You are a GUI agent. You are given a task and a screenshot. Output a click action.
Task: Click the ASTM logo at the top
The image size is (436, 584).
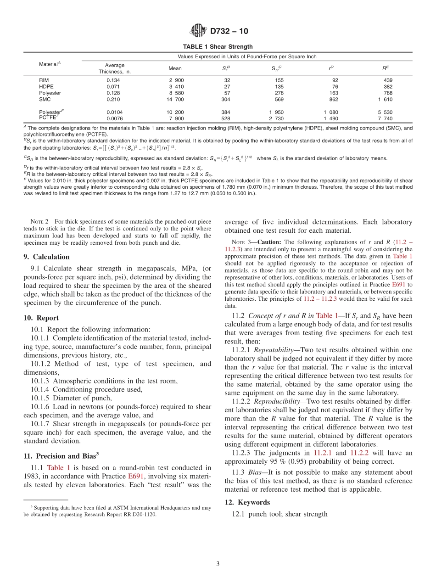coord(198,31)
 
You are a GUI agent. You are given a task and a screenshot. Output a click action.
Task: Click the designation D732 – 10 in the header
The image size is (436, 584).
coord(229,31)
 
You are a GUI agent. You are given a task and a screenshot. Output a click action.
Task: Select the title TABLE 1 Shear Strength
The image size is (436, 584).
coord(218,47)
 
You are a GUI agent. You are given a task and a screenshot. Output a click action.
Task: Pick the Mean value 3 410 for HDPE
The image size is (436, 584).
coord(176,86)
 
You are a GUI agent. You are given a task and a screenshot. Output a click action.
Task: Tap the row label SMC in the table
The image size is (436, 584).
coord(45,99)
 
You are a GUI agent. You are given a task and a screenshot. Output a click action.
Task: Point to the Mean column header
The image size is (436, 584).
coord(175,68)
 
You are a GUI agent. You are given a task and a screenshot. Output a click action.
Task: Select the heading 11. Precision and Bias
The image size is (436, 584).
coord(61,456)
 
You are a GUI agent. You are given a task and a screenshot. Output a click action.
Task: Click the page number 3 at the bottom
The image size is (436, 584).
coord(218,564)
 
